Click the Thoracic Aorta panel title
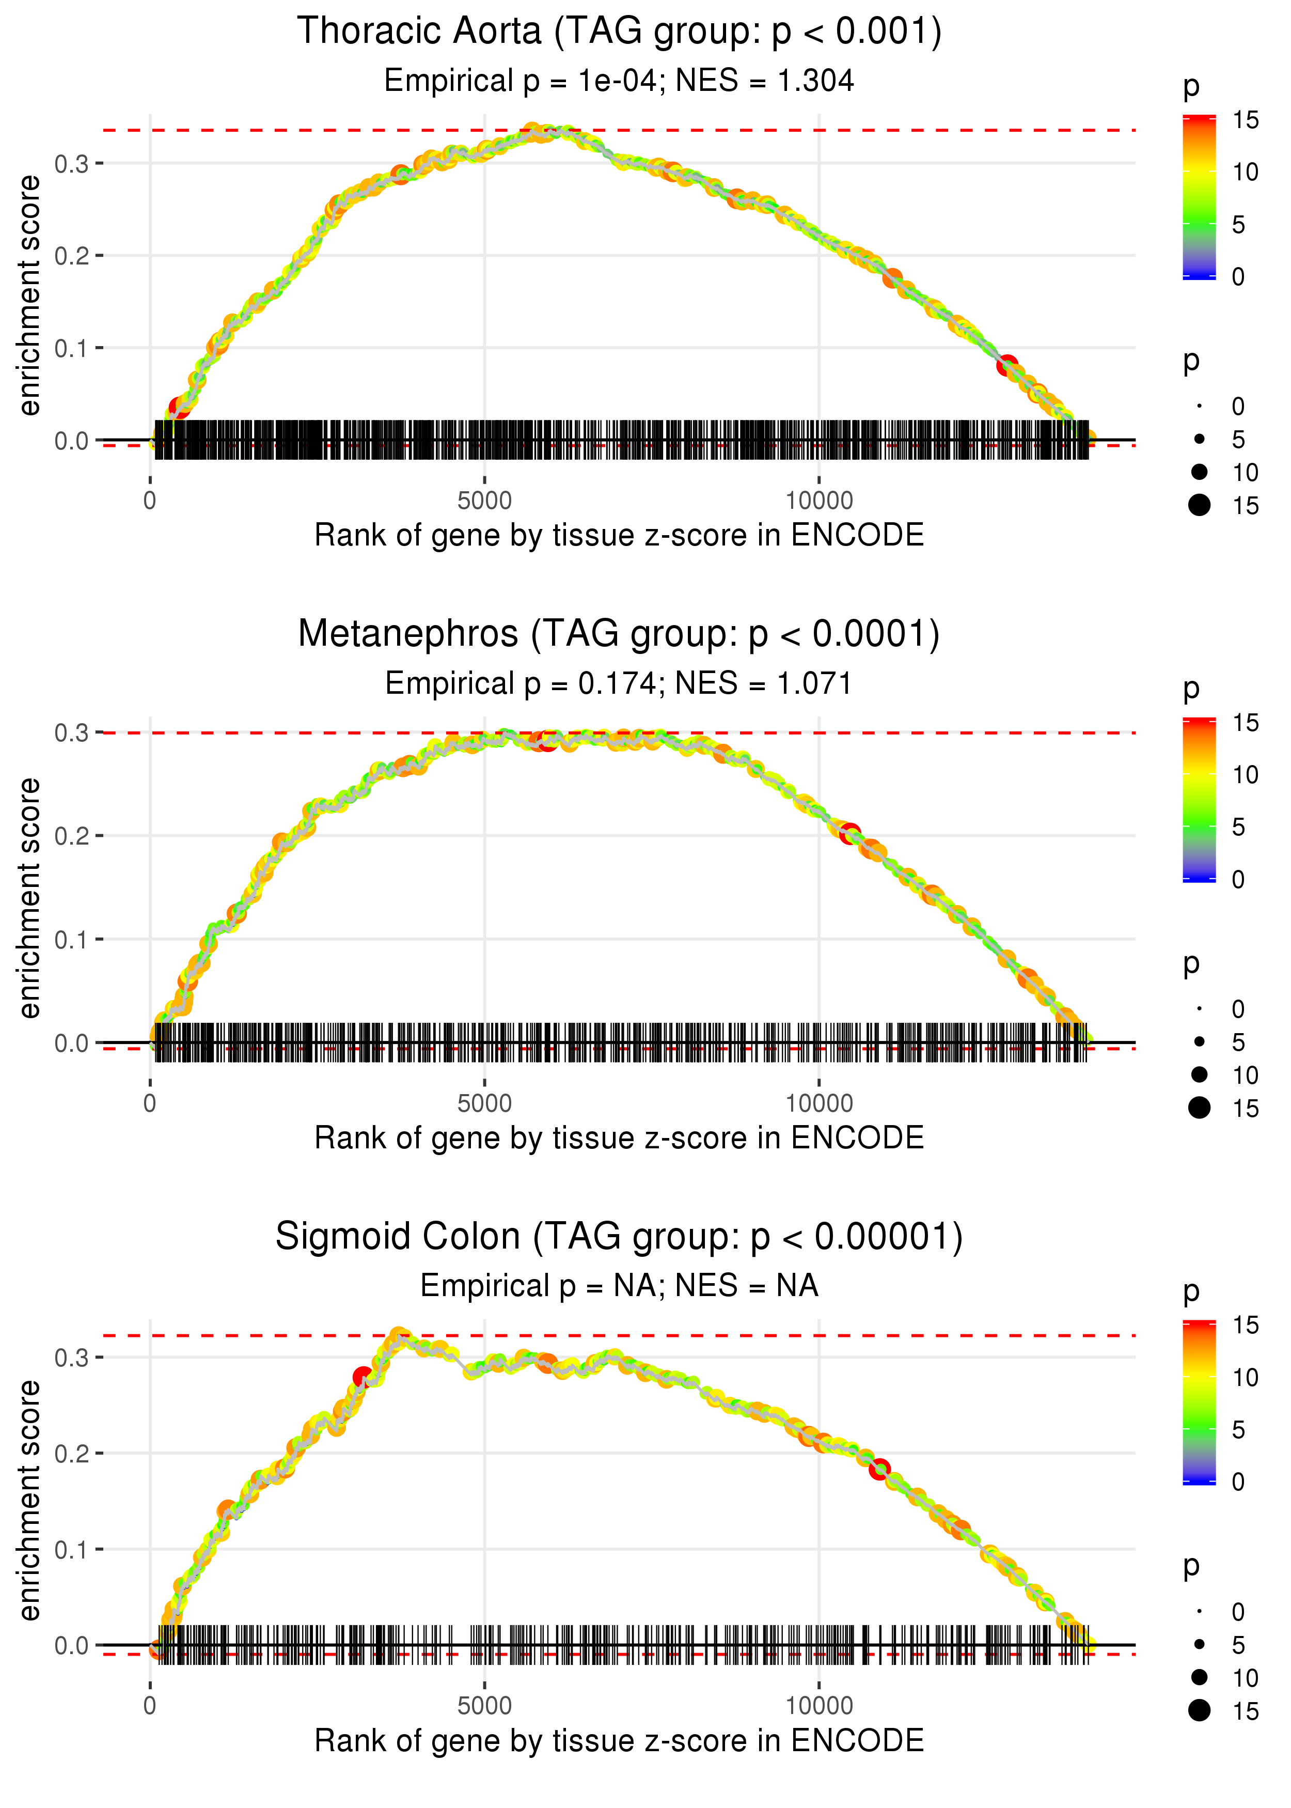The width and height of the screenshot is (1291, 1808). (619, 32)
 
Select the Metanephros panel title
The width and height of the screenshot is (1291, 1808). (619, 634)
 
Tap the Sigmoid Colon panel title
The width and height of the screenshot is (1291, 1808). (619, 1236)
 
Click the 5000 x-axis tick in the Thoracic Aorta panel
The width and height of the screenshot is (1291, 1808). (484, 501)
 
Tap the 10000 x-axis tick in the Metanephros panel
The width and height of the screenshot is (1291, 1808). (819, 1103)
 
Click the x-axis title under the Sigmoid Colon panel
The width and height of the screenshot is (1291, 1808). (619, 1740)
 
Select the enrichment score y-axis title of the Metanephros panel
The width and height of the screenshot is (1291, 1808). (29, 898)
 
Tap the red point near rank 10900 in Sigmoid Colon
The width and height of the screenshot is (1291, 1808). (878, 1469)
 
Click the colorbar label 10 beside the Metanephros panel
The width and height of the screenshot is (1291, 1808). (1245, 774)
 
